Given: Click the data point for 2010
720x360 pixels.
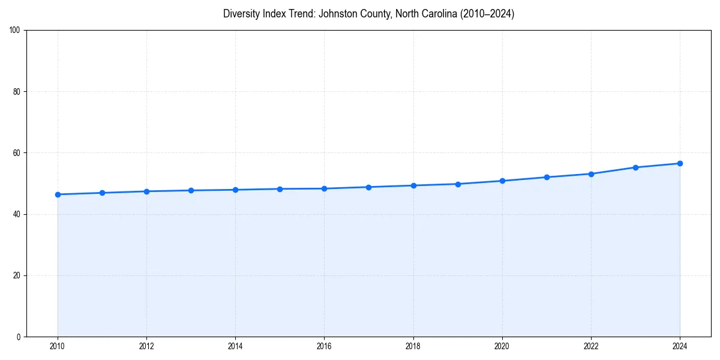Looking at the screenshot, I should coord(58,194).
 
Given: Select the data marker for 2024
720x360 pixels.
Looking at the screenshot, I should coord(680,163).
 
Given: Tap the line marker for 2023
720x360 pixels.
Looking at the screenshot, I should coord(635,167).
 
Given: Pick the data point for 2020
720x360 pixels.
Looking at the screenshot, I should coord(502,181).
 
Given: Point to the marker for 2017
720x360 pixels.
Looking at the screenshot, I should coord(368,187).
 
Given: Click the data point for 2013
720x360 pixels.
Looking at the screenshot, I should coord(191,190).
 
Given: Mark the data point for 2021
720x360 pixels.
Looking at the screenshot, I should coord(547,177).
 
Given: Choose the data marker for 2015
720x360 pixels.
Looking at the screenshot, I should coord(280,189).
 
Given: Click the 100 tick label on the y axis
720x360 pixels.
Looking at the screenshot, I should coord(15,31).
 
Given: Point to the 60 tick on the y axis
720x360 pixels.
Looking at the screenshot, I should coord(17,153).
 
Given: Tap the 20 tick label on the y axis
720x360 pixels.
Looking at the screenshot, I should coord(17,275).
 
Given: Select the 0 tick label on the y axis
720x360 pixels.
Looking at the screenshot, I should coord(19,337).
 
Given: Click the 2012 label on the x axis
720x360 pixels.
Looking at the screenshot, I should coord(146,346).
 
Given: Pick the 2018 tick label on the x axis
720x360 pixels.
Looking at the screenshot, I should coord(413,346).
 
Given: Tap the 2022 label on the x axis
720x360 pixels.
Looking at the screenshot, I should coord(591,346).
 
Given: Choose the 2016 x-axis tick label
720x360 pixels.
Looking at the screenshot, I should coord(324,346).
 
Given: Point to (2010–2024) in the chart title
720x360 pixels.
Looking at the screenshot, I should coord(487,14).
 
